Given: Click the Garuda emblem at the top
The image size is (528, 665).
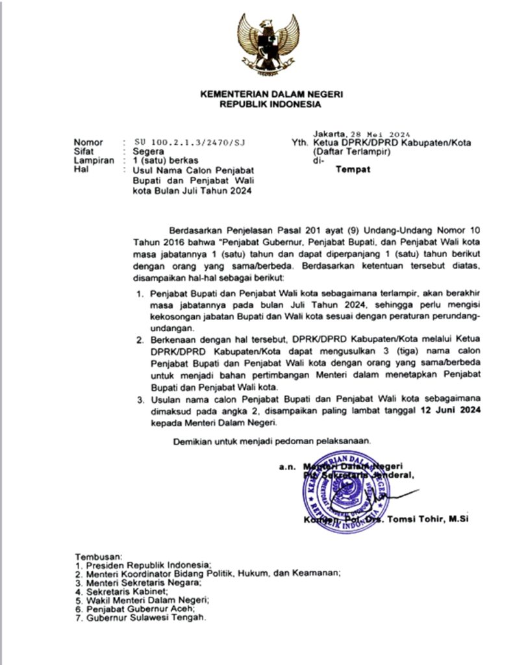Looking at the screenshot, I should [268, 44].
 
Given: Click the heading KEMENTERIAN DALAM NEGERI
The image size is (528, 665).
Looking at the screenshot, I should [271, 94].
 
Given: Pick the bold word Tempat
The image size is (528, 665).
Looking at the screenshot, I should [353, 170].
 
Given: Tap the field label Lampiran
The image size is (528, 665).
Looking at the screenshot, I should [93, 160].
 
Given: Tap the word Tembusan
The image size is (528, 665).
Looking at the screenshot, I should [99, 557].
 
